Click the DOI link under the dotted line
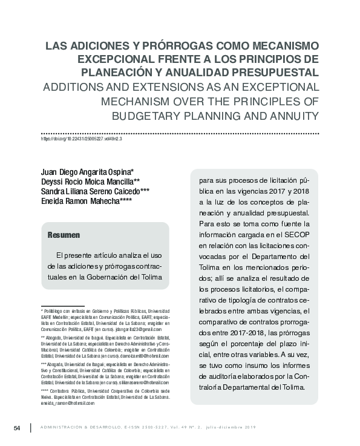(81, 139)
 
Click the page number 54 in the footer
(17, 428)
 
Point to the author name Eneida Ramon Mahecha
(82, 202)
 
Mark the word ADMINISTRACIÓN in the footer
(65, 429)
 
